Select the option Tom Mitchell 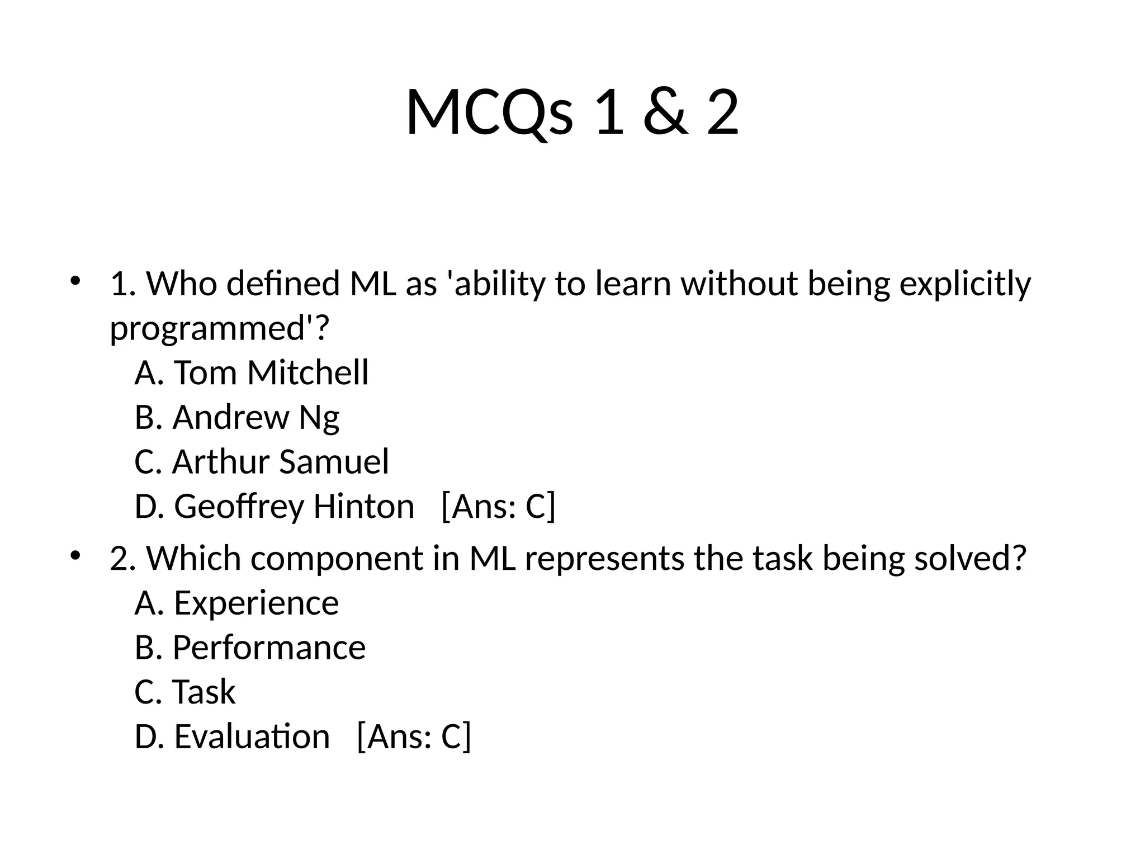click(252, 372)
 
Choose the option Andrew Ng click(237, 417)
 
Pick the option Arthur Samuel click(262, 462)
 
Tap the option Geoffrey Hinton click(275, 507)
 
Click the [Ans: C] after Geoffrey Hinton click(499, 507)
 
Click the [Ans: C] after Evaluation click(414, 737)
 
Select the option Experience click(237, 603)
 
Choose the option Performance click(250, 648)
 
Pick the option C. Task click(185, 692)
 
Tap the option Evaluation click(233, 737)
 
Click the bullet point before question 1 click(75, 280)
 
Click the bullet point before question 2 click(75, 555)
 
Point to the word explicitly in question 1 click(965, 284)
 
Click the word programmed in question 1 click(207, 329)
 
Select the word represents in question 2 click(604, 559)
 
